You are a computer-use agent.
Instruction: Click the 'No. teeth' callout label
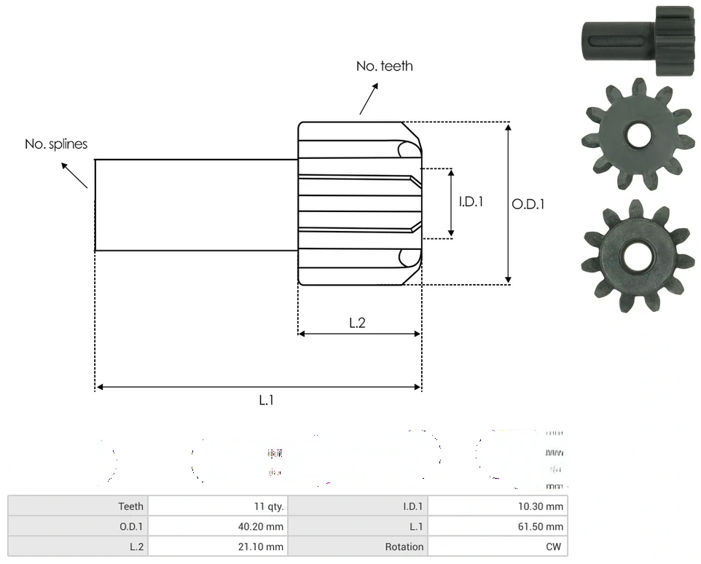384,66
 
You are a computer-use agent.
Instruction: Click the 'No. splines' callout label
56,144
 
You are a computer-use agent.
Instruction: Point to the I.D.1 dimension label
471,202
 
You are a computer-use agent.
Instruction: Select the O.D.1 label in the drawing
528,204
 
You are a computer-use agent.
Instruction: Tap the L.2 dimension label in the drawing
357,323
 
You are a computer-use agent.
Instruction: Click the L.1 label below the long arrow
267,399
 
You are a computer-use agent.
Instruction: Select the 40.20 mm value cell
264,526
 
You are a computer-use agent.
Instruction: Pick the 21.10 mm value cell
264,547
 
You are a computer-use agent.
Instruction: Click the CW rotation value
555,547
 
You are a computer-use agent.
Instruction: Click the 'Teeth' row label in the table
131,506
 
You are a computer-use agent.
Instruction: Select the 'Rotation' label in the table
404,547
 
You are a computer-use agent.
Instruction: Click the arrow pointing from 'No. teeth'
369,98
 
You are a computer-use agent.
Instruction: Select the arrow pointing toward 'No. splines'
74,175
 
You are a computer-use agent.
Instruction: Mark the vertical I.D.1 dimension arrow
451,203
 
